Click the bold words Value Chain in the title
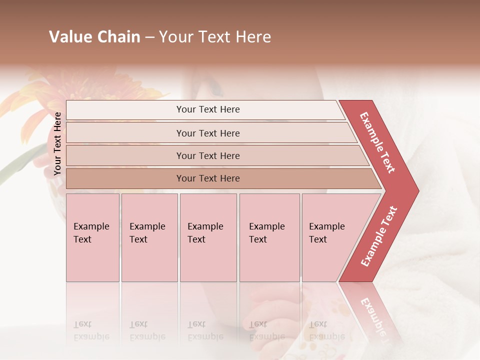[94, 37]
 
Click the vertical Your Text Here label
[57, 143]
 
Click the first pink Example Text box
[92, 237]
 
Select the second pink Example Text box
[149, 237]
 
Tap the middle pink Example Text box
[208, 237]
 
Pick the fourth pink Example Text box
[269, 237]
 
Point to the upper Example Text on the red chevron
[378, 142]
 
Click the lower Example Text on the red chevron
[379, 236]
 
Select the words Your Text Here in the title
[215, 37]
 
